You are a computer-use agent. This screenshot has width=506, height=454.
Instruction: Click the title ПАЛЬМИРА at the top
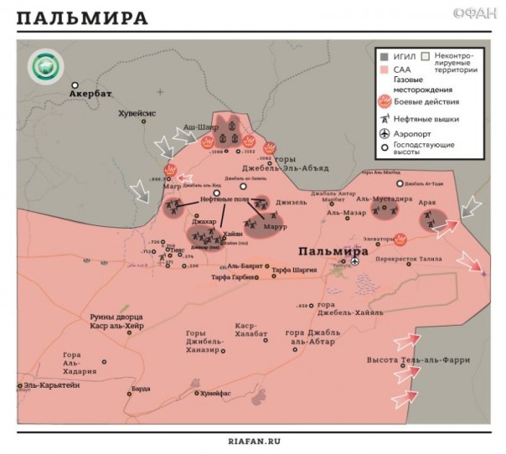(82, 18)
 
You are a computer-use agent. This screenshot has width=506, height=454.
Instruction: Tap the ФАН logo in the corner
(473, 14)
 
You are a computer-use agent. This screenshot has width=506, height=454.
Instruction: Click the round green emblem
(43, 68)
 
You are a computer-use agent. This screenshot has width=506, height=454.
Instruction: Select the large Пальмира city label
(333, 251)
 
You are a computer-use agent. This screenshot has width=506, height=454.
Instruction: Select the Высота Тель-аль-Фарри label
(417, 360)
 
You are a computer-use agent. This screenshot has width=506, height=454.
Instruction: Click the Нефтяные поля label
(225, 199)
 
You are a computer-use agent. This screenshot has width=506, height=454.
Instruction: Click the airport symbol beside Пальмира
(354, 261)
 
